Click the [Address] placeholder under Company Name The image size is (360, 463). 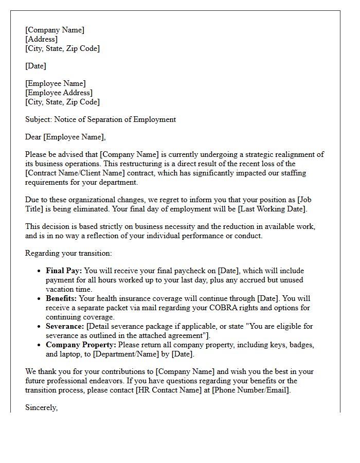41,39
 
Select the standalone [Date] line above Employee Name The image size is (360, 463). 35,66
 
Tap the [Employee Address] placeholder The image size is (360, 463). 59,93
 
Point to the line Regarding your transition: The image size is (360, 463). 68,253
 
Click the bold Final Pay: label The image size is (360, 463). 64,271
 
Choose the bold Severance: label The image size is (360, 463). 64,326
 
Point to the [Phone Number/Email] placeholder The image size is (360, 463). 251,390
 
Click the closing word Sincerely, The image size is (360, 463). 41,407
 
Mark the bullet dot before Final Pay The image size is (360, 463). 40,271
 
